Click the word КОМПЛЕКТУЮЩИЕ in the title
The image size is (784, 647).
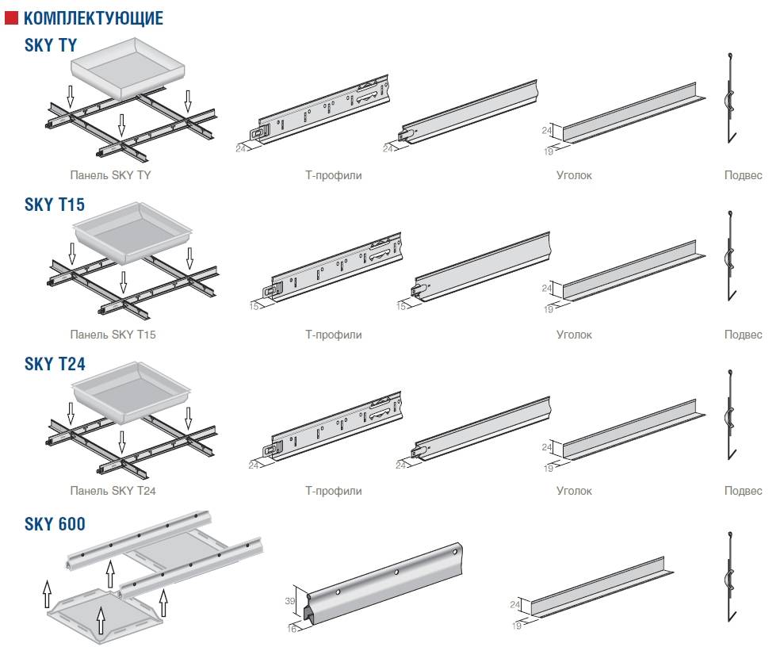[x=94, y=17]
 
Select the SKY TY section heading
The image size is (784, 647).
[x=51, y=45]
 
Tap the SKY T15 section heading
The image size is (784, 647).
[x=54, y=205]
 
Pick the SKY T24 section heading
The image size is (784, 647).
[x=55, y=364]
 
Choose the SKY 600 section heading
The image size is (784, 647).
[x=55, y=523]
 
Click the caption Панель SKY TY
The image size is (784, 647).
[x=110, y=175]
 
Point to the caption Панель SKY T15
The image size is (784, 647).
[x=113, y=335]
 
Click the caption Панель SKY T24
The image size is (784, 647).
[x=113, y=491]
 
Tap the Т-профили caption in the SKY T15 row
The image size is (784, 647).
[x=333, y=335]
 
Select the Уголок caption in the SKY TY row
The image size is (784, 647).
[x=574, y=175]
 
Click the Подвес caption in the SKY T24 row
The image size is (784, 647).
[x=743, y=491]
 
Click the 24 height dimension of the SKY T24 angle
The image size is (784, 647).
[x=546, y=448]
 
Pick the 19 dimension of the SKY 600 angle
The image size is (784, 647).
[x=516, y=626]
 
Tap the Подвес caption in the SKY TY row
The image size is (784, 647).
[x=743, y=175]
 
